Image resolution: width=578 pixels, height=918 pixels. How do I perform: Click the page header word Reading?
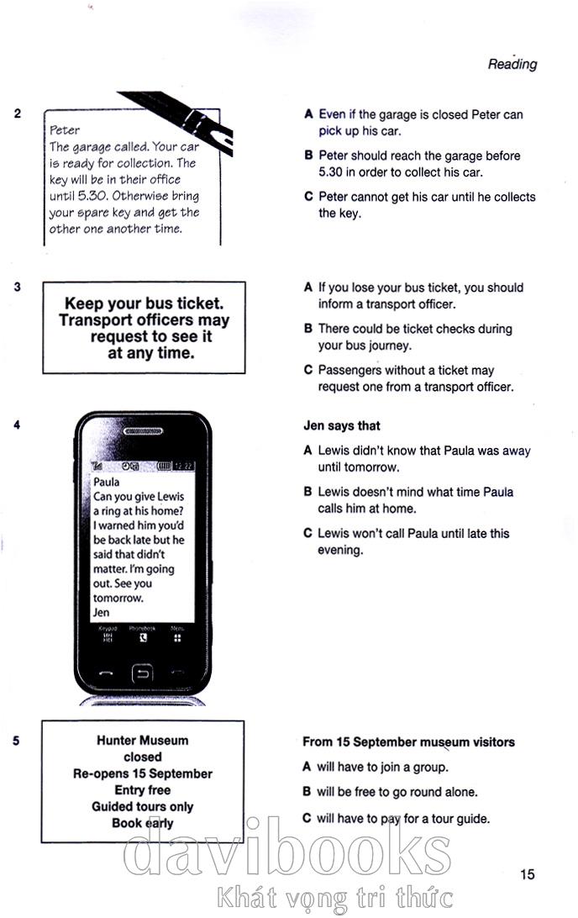point(512,64)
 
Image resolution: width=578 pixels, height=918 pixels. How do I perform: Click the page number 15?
point(527,874)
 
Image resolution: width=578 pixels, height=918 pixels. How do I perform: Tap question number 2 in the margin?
point(18,113)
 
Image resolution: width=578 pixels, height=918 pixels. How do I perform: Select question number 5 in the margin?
point(18,741)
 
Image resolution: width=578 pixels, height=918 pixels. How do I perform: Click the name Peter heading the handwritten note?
point(65,130)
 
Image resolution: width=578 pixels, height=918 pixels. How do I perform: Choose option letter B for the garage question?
point(308,156)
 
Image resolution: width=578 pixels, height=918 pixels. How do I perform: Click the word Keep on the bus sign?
point(87,303)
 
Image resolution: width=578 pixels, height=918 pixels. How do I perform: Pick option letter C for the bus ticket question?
point(308,370)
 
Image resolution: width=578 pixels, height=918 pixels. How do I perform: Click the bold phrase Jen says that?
point(341,426)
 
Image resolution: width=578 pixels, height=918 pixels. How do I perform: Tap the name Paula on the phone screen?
point(107,483)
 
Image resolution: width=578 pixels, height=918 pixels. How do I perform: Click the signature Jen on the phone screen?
point(102,613)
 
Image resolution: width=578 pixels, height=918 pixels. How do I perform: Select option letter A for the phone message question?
point(308,451)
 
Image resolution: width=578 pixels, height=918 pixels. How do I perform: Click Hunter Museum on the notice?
point(142,741)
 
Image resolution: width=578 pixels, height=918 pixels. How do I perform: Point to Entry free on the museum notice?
point(142,790)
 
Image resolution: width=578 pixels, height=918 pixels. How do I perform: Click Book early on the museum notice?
point(142,823)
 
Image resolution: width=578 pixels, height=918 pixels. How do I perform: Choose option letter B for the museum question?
point(307,792)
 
